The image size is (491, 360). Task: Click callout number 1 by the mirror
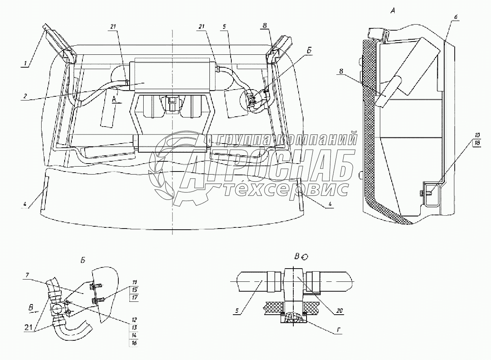[26, 64]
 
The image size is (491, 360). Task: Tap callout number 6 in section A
[456, 17]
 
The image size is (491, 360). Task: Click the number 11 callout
[135, 282]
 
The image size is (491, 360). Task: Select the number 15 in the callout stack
[135, 290]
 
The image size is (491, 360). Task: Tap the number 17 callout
[135, 297]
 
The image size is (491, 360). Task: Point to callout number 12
[135, 320]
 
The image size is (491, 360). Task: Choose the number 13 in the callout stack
[135, 327]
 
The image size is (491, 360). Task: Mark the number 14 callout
[135, 335]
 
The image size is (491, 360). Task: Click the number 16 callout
[135, 343]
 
